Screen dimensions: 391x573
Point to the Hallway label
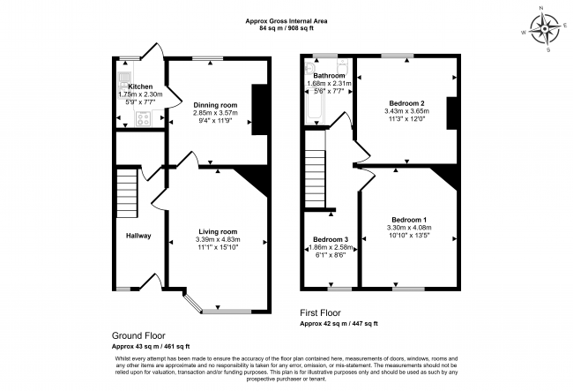click(x=138, y=236)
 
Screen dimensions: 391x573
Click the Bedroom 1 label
click(x=410, y=219)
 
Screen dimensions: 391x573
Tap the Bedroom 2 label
click(x=405, y=103)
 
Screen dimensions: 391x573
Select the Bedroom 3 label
click(x=331, y=240)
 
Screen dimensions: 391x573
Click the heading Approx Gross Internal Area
click(x=286, y=19)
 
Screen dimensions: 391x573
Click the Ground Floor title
click(x=140, y=335)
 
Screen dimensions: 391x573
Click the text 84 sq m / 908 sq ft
click(x=286, y=28)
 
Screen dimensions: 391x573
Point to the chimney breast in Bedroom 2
click(x=450, y=113)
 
